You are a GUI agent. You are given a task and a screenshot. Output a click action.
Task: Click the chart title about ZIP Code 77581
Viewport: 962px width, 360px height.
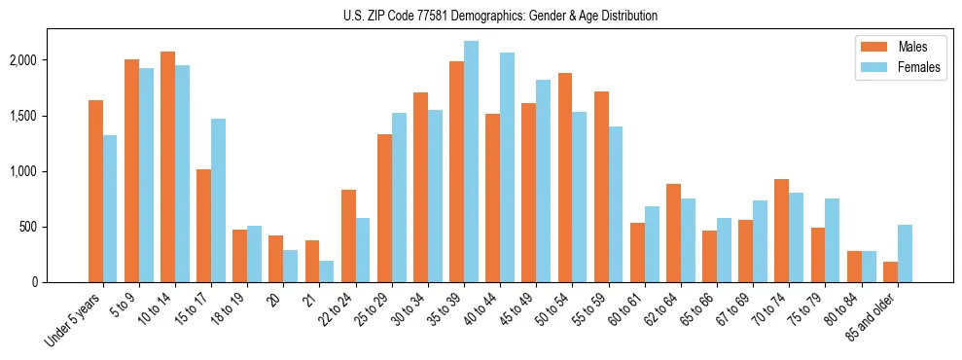(x=500, y=16)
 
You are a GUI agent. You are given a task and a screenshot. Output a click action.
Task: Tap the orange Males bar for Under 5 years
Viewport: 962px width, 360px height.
(x=95, y=191)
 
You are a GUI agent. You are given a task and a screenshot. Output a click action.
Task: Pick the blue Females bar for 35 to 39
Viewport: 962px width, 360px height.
(x=471, y=162)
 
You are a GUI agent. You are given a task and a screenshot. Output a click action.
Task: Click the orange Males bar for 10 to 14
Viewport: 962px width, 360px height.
(x=167, y=166)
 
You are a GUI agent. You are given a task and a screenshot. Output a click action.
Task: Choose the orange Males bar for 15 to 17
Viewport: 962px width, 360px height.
(x=203, y=226)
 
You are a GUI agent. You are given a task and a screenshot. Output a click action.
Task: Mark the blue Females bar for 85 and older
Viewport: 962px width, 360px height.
(x=905, y=253)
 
